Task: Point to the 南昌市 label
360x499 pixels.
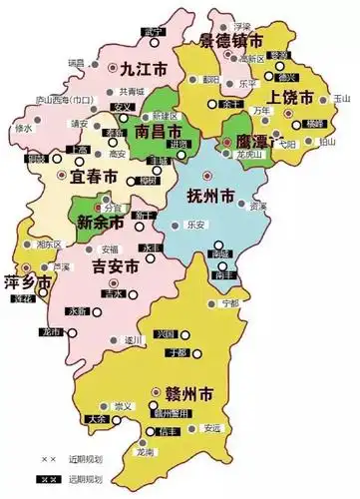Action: [158, 132]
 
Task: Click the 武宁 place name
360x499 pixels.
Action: [153, 33]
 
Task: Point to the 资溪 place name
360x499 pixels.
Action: [258, 207]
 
